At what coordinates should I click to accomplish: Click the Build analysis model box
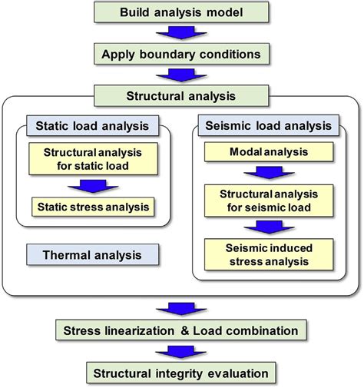click(181, 12)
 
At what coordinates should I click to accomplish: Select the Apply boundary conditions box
click(181, 55)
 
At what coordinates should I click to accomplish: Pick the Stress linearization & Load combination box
click(181, 332)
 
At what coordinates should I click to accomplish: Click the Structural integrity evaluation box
click(181, 373)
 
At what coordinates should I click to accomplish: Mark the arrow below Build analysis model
click(181, 33)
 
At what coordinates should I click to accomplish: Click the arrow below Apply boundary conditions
click(181, 76)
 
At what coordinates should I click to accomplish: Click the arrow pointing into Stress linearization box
click(181, 309)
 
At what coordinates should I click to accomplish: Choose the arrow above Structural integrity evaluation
click(181, 353)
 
